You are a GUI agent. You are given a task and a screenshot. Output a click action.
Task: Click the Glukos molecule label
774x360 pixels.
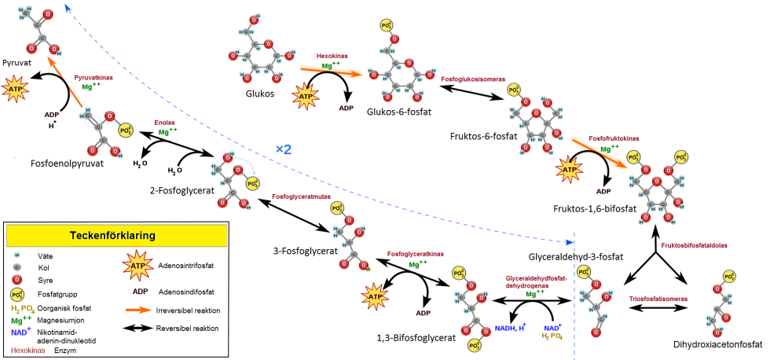[259, 94]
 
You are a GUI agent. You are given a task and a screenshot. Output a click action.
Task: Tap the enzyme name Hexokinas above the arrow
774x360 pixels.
[331, 57]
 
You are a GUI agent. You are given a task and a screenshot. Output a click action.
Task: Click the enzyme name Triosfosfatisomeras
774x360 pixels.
[659, 299]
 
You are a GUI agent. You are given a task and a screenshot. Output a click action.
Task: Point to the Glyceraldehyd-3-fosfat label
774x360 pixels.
[576, 256]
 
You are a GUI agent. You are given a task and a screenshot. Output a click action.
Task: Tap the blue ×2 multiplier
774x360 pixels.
[285, 149]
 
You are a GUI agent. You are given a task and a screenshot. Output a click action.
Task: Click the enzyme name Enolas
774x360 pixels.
[163, 123]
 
